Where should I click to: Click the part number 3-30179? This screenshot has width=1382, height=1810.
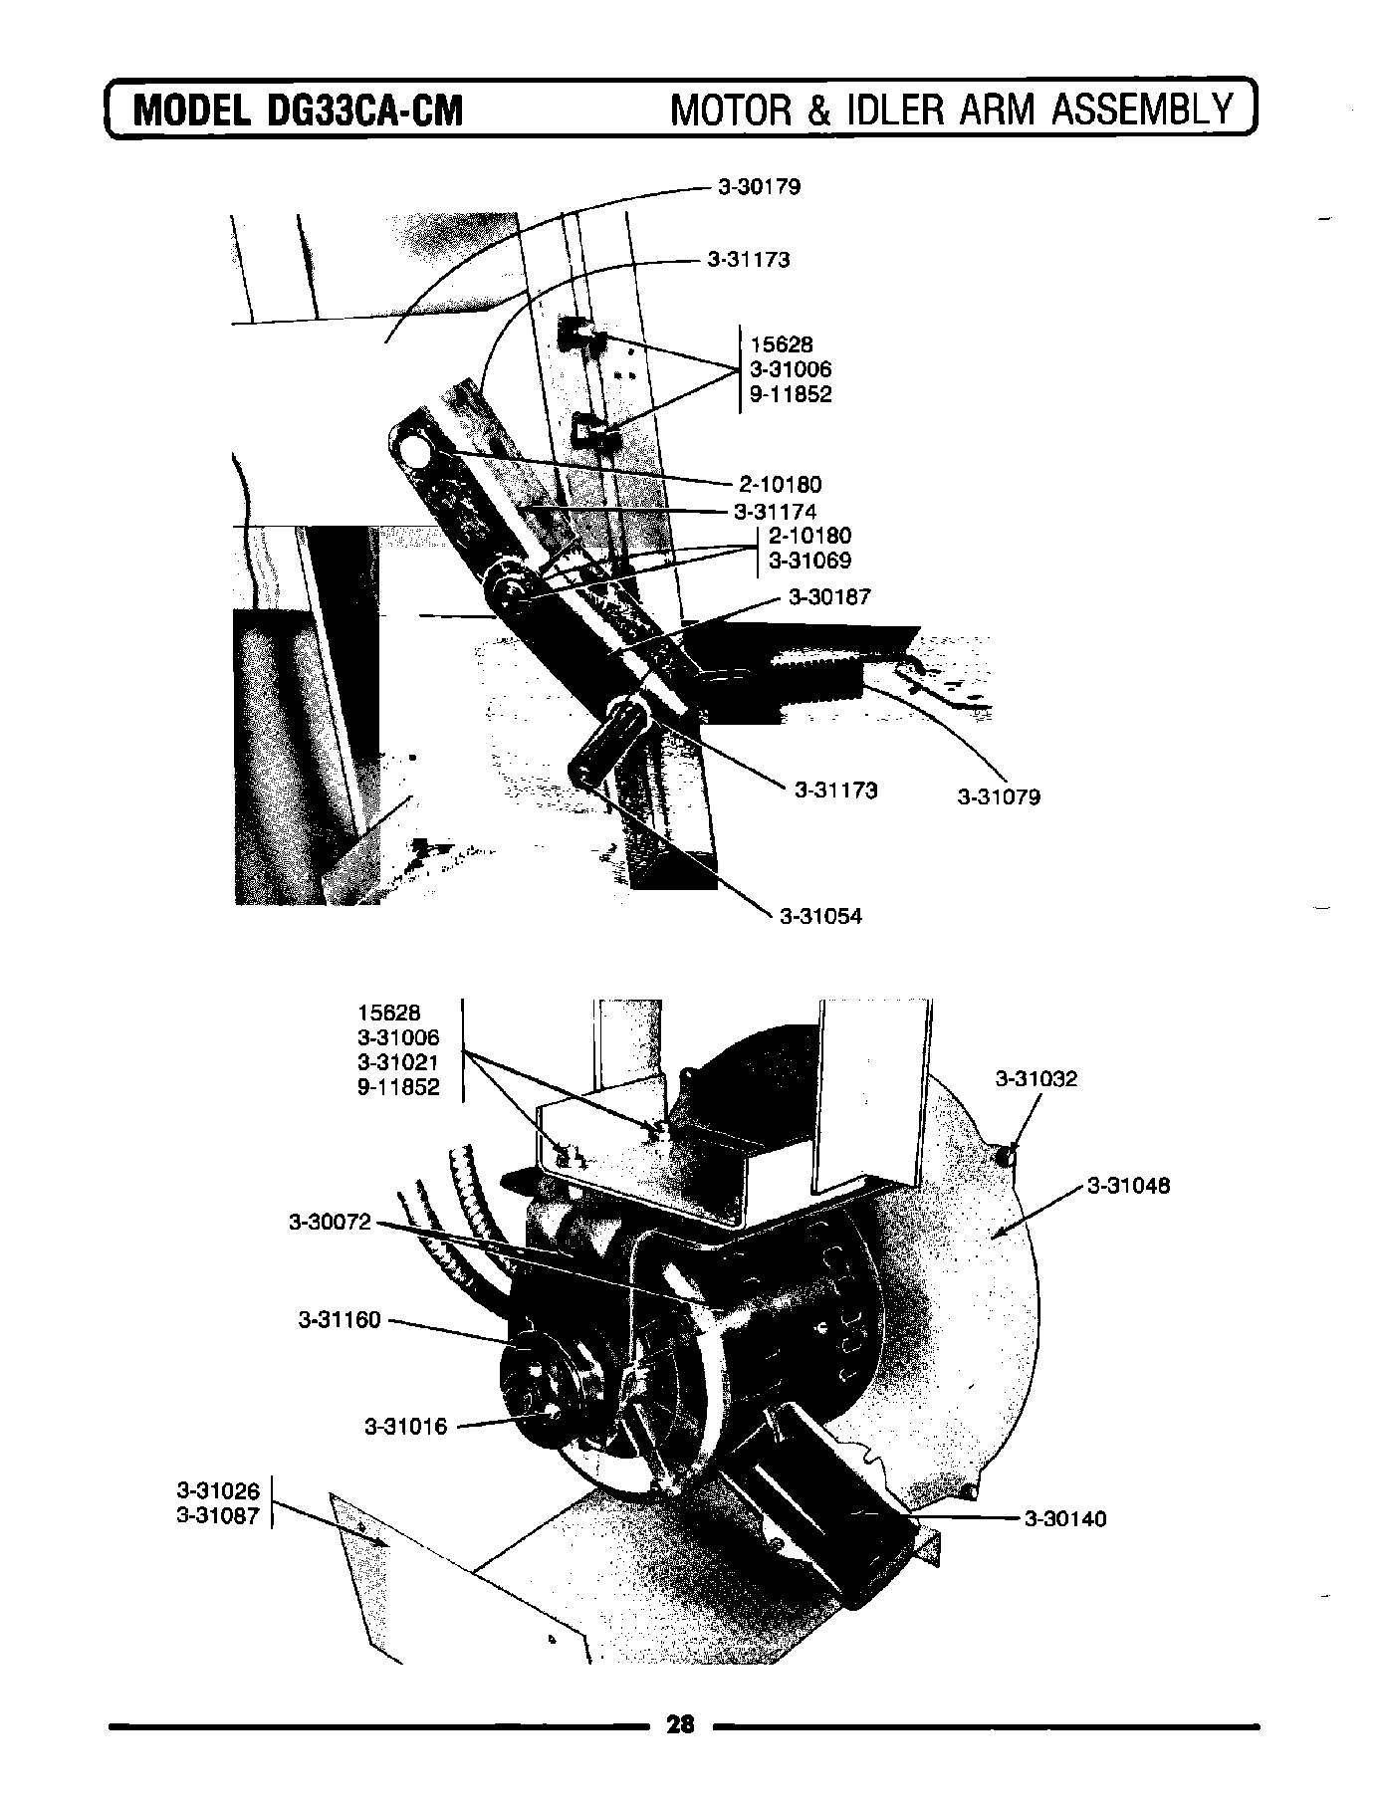759,187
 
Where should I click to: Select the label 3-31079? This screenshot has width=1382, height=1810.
999,797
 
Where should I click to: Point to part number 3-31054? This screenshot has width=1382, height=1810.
820,917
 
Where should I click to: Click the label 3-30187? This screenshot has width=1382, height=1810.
829,597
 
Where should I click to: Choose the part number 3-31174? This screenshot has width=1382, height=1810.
775,512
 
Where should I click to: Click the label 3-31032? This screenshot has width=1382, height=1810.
1036,1079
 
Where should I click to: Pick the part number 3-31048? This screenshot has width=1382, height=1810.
1128,1186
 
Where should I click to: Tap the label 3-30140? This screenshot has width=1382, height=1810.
1065,1519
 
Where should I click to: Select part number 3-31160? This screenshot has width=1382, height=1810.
340,1320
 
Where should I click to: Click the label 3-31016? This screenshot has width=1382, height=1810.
406,1427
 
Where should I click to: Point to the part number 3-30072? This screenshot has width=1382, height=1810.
330,1222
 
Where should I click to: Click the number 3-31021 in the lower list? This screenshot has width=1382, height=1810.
398,1062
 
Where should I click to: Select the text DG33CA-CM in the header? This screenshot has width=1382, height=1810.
365,111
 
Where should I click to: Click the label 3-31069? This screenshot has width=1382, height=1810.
809,562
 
